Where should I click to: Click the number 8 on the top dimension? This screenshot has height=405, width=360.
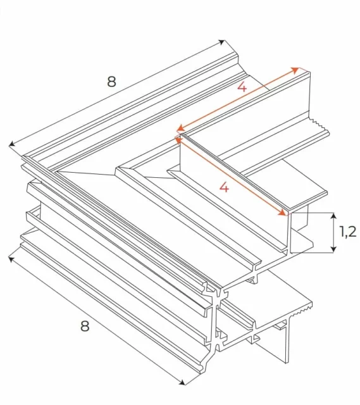click(x=111, y=82)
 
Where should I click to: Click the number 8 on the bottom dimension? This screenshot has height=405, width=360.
click(x=84, y=326)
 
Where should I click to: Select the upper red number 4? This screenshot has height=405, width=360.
click(x=242, y=88)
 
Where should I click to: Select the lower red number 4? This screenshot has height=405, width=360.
click(x=222, y=187)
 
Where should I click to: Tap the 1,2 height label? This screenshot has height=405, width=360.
click(x=348, y=232)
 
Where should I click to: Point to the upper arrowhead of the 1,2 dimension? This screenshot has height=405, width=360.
click(x=333, y=216)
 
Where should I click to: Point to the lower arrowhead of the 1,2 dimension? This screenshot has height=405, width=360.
click(x=333, y=250)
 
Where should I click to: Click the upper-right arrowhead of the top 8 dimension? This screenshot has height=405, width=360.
click(x=223, y=42)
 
